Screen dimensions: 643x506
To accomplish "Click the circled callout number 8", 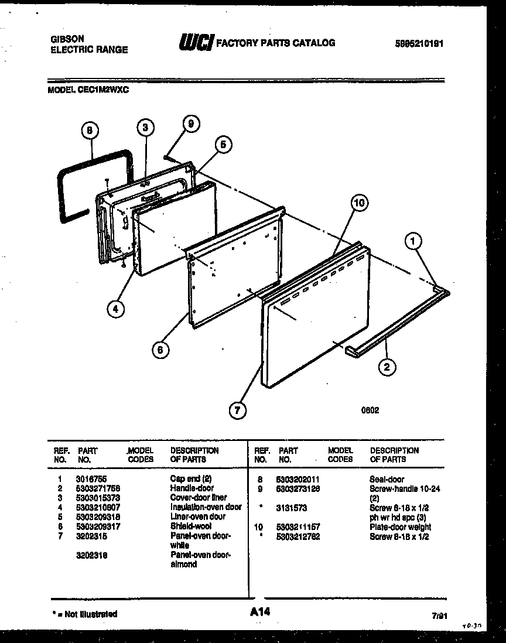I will click(x=90, y=132).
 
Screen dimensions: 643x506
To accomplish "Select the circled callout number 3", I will click(x=146, y=128).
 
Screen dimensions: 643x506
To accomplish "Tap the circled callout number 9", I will click(x=190, y=123).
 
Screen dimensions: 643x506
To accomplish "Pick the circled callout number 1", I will click(x=414, y=240).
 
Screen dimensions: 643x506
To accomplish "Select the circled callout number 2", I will click(x=387, y=368).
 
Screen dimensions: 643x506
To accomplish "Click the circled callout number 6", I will click(x=159, y=350).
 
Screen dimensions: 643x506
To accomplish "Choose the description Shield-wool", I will click(x=190, y=526).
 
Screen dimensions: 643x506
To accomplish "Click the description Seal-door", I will click(x=387, y=478).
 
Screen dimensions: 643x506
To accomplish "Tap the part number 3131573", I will click(x=292, y=508).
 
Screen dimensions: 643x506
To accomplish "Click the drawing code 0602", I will click(x=370, y=410).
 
